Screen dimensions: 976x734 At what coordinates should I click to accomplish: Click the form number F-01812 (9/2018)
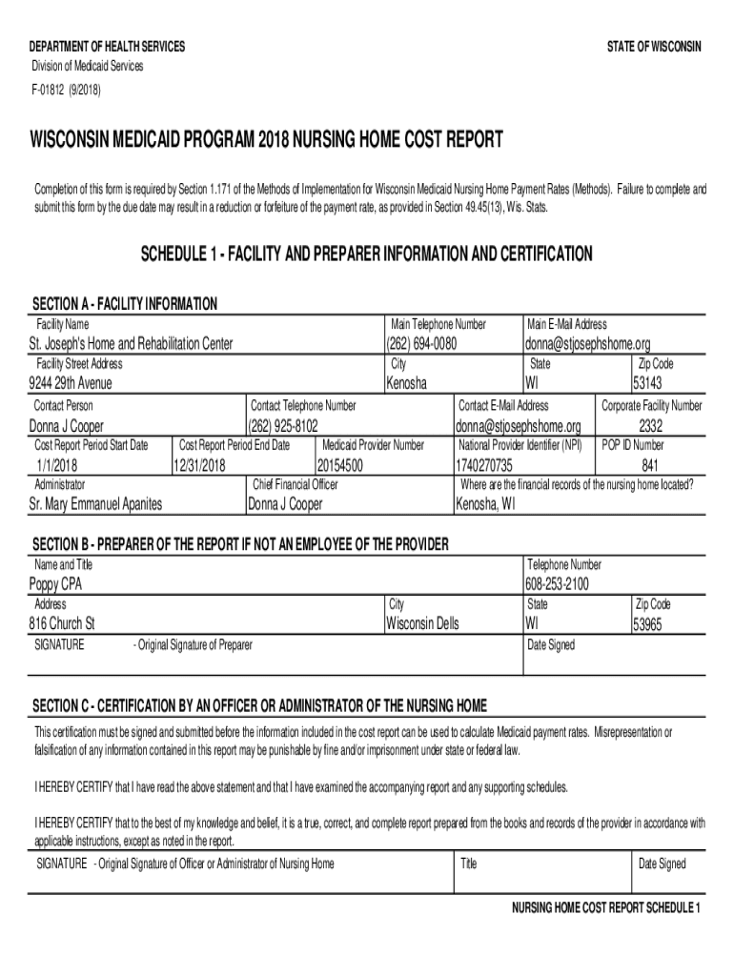coord(65,91)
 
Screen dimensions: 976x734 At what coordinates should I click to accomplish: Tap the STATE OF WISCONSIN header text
coord(653,47)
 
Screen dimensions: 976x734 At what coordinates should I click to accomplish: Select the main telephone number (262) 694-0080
coord(421,344)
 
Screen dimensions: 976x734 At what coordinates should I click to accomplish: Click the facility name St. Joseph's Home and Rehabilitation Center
coord(131,344)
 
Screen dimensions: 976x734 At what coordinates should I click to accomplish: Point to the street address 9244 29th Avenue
coord(71,383)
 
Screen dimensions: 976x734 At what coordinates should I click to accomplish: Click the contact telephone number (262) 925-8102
coord(283,425)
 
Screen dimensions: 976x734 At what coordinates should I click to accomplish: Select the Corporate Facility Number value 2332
coord(651,425)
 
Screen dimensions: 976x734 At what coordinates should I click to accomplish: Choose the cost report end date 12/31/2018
coord(199,465)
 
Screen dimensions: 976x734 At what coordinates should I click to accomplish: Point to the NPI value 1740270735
coord(484,465)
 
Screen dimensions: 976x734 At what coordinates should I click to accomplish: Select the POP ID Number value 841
coord(650,465)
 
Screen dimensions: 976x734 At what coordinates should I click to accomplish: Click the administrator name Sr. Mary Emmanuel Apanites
coord(95,504)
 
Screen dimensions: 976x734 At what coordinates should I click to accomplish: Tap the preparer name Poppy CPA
coord(55,584)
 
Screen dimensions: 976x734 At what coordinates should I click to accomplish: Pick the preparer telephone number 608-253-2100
coord(557,584)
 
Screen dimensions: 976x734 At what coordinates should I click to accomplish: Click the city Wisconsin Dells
coord(422,624)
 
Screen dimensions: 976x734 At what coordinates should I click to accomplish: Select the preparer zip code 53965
coord(653,625)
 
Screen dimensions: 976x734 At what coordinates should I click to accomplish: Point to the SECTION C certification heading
coord(260,706)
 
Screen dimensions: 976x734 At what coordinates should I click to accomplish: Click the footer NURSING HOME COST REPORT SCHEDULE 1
coord(606,907)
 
